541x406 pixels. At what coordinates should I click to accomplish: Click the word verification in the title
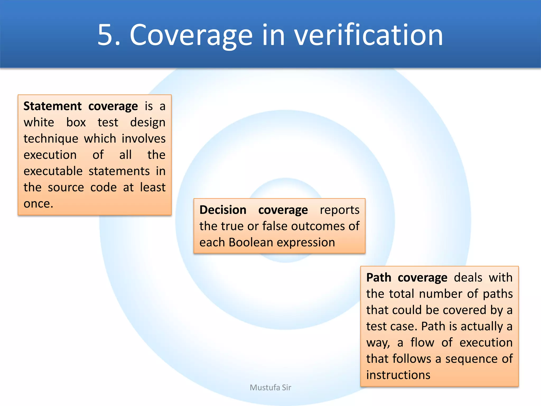(368, 35)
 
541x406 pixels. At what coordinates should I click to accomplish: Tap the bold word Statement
(52, 106)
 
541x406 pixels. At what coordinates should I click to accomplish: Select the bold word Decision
(223, 210)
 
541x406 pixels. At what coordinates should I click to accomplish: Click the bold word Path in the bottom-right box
(379, 278)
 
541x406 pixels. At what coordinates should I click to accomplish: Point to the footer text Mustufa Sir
(270, 387)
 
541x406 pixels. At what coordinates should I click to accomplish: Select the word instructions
(398, 375)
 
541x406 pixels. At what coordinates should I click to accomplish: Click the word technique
(51, 139)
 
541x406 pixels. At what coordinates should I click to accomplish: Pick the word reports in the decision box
(339, 210)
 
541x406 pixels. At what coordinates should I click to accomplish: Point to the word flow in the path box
(422, 343)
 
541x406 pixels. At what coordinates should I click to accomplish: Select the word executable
(53, 171)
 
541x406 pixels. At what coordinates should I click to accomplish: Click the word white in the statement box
(39, 122)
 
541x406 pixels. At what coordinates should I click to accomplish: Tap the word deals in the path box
(468, 278)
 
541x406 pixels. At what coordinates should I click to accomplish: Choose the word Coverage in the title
(191, 35)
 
